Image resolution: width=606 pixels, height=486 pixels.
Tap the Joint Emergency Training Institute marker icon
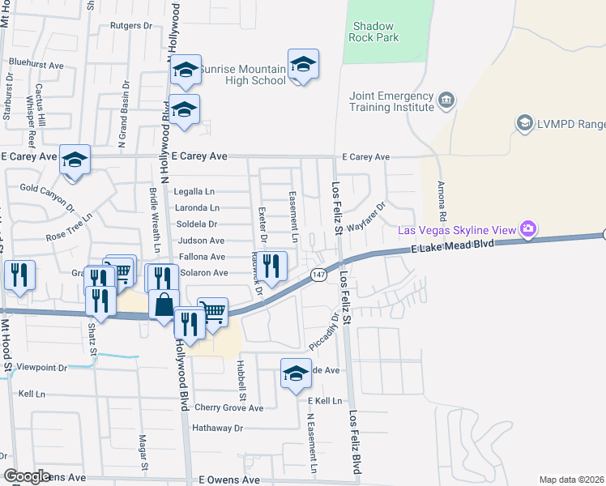tap(446, 101)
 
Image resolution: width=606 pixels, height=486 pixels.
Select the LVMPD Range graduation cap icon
tap(523, 122)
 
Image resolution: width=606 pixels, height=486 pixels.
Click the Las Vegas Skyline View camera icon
tap(528, 230)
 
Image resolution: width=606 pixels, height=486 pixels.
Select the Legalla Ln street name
tap(194, 192)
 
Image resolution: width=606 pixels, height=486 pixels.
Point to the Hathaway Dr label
tap(216, 427)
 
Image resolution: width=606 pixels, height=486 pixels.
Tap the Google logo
tap(27, 477)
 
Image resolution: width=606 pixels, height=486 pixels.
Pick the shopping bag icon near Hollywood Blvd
tap(163, 305)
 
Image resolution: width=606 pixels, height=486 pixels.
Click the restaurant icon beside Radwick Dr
tap(272, 264)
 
